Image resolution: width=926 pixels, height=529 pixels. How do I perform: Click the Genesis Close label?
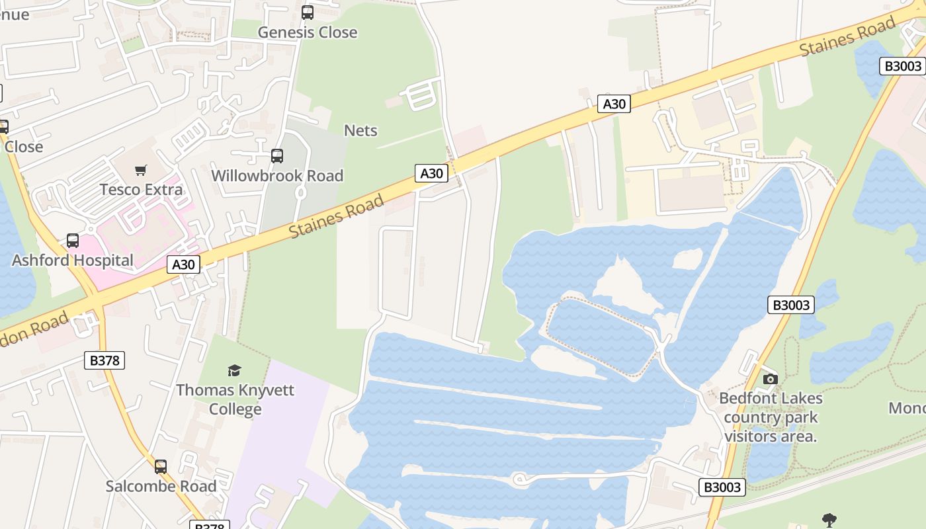point(307,32)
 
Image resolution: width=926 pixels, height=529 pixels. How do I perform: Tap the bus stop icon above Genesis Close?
point(307,12)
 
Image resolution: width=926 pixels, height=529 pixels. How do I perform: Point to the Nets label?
point(360,130)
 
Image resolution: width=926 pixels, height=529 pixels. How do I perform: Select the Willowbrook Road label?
point(277,176)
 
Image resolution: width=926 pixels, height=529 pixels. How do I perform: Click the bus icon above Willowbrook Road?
point(277,156)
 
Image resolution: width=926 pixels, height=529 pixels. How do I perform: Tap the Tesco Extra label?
point(141,190)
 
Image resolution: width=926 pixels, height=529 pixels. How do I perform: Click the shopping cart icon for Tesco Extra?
point(140,171)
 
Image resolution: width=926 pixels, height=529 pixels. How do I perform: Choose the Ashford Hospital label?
point(73,260)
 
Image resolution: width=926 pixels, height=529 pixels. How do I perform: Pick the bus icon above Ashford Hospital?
point(73,241)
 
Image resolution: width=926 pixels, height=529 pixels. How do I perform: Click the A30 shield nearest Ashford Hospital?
point(183,265)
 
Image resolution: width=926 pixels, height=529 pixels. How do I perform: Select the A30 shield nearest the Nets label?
point(431,173)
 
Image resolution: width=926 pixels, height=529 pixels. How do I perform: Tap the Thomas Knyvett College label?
point(235,399)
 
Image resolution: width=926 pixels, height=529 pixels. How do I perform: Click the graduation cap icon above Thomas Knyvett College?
point(234,370)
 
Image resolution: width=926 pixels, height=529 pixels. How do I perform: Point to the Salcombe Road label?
point(161,487)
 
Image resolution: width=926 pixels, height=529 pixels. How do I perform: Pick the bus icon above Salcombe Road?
point(161,467)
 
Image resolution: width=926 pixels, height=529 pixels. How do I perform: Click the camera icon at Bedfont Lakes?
point(770,379)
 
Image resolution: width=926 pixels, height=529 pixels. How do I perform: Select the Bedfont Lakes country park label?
point(771,417)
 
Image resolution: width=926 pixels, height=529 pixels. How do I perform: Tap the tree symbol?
point(828,520)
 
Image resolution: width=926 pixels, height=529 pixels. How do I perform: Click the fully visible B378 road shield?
point(105,360)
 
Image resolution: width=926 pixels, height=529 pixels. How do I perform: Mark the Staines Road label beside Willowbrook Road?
point(336,216)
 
